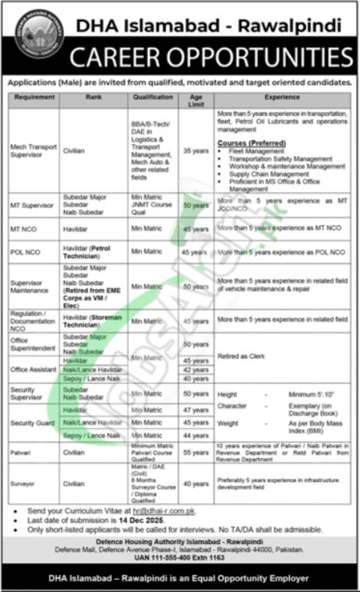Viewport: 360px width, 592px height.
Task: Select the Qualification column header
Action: click(x=152, y=97)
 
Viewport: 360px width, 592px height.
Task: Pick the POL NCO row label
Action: click(x=25, y=252)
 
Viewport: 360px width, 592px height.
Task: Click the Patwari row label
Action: click(x=20, y=452)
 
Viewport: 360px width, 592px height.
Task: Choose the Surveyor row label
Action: click(x=23, y=484)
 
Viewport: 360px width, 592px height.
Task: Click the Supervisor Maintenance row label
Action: click(x=30, y=287)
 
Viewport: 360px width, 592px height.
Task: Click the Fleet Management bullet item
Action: click(x=256, y=151)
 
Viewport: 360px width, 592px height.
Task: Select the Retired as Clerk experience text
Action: click(x=242, y=355)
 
